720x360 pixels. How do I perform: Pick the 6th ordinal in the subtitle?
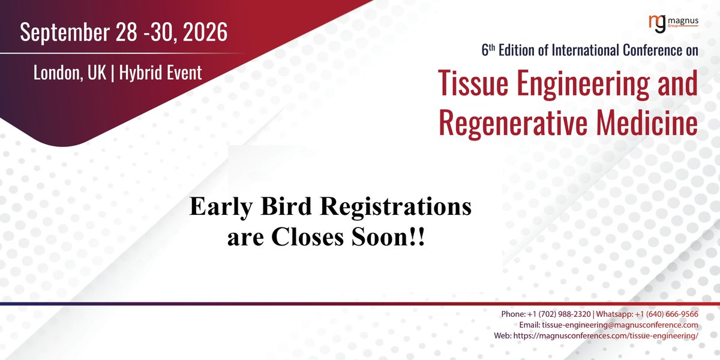(487, 51)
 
